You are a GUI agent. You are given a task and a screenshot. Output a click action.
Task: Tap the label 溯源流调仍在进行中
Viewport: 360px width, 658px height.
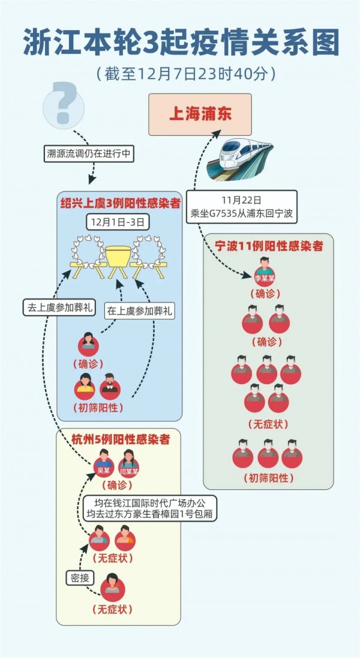point(89,153)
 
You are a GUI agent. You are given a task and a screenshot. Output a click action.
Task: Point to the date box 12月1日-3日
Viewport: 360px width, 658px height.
point(118,222)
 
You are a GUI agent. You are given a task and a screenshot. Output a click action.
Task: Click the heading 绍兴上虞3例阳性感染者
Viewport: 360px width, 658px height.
point(120,204)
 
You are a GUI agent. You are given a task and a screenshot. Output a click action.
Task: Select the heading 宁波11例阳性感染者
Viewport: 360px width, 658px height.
point(269,246)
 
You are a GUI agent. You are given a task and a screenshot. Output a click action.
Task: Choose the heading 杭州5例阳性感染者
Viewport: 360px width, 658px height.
point(119,439)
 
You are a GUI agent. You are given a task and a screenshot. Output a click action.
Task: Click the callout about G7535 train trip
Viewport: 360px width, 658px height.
point(241,207)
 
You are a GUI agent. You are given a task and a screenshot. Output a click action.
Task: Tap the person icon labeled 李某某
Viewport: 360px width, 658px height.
point(264,271)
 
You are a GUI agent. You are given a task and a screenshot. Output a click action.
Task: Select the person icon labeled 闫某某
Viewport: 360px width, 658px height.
point(128,461)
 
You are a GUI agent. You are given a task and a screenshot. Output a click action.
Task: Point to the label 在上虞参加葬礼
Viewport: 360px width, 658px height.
point(139,311)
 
